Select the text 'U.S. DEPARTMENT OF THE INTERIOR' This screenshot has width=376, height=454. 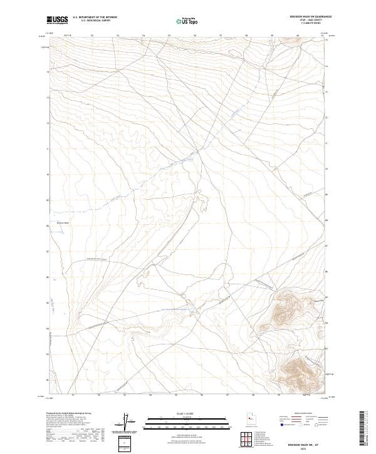click(x=94, y=18)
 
